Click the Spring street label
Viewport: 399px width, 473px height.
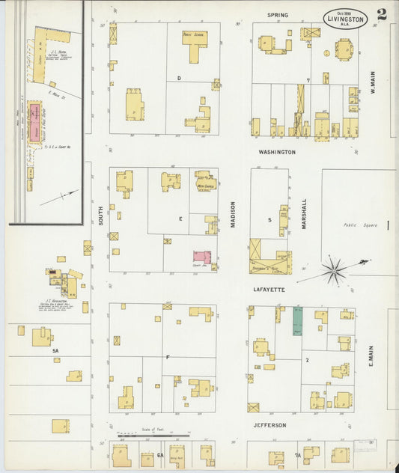click(278, 15)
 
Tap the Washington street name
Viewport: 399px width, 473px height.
click(278, 152)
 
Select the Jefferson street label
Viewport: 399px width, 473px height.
click(269, 425)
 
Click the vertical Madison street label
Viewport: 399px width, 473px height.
click(233, 214)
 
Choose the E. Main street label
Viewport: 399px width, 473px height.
click(371, 355)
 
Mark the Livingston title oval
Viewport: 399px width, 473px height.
click(346, 18)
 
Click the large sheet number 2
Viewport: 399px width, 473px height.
click(382, 16)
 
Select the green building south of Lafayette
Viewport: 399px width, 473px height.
click(297, 320)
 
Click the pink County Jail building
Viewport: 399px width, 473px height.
click(202, 258)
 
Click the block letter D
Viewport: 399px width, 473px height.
click(180, 78)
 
